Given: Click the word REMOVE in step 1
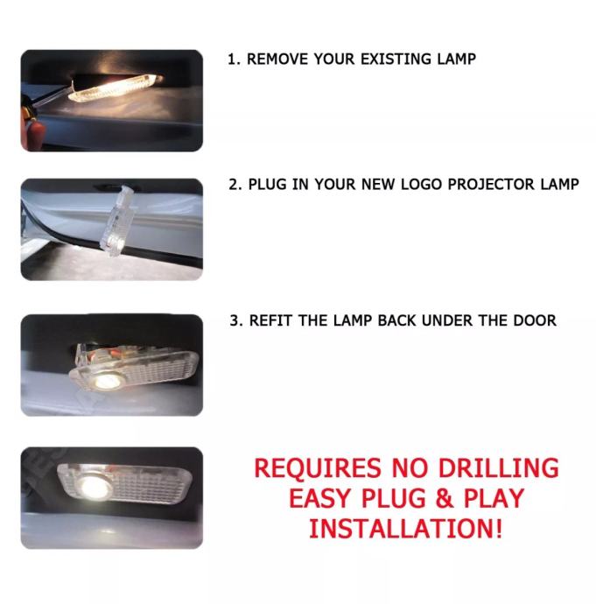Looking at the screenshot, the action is tap(277, 59).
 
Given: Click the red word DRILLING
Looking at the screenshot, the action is tap(498, 468).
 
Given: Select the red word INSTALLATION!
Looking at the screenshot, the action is tap(406, 529).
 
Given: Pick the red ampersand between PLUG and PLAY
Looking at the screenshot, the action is tap(445, 498).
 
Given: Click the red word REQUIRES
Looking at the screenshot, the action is tap(317, 468).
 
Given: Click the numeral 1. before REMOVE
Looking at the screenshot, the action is tap(234, 60).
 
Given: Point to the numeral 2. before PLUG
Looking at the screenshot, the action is tap(235, 185).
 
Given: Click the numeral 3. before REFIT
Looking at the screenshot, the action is tap(236, 321).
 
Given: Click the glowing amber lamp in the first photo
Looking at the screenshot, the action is tap(114, 88).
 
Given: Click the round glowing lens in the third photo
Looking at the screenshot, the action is tap(107, 382).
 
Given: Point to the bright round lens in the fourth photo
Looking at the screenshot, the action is tap(93, 487).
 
